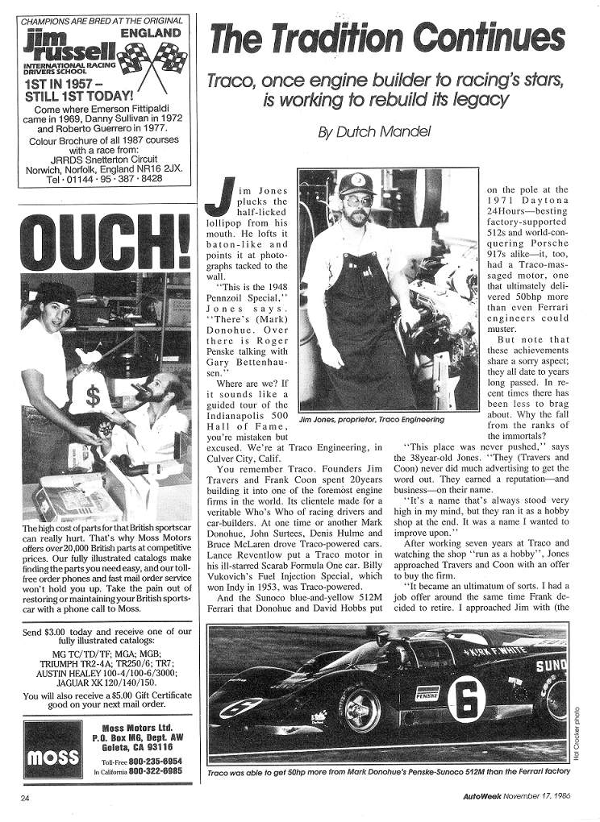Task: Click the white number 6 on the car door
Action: coord(468,698)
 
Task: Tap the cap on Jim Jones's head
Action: coord(356,185)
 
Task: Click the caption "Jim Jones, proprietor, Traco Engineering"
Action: coord(371,420)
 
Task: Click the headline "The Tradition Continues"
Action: coord(386,39)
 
